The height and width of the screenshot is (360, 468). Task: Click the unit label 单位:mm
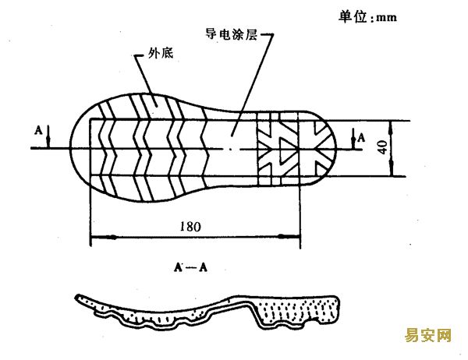(367, 16)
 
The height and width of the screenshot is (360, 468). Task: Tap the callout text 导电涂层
(232, 34)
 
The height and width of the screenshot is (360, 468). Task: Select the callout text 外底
(161, 53)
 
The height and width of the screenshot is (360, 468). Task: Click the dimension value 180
(190, 227)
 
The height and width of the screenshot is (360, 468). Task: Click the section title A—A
(190, 267)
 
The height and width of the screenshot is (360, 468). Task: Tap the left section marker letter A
(38, 130)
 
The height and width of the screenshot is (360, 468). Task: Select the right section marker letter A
(361, 138)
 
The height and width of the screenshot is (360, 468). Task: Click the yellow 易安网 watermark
(428, 335)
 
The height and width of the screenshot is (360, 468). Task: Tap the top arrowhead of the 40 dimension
(391, 128)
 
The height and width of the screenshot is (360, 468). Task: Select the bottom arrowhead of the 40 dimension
(392, 169)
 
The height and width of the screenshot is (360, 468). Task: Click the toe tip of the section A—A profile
(76, 297)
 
